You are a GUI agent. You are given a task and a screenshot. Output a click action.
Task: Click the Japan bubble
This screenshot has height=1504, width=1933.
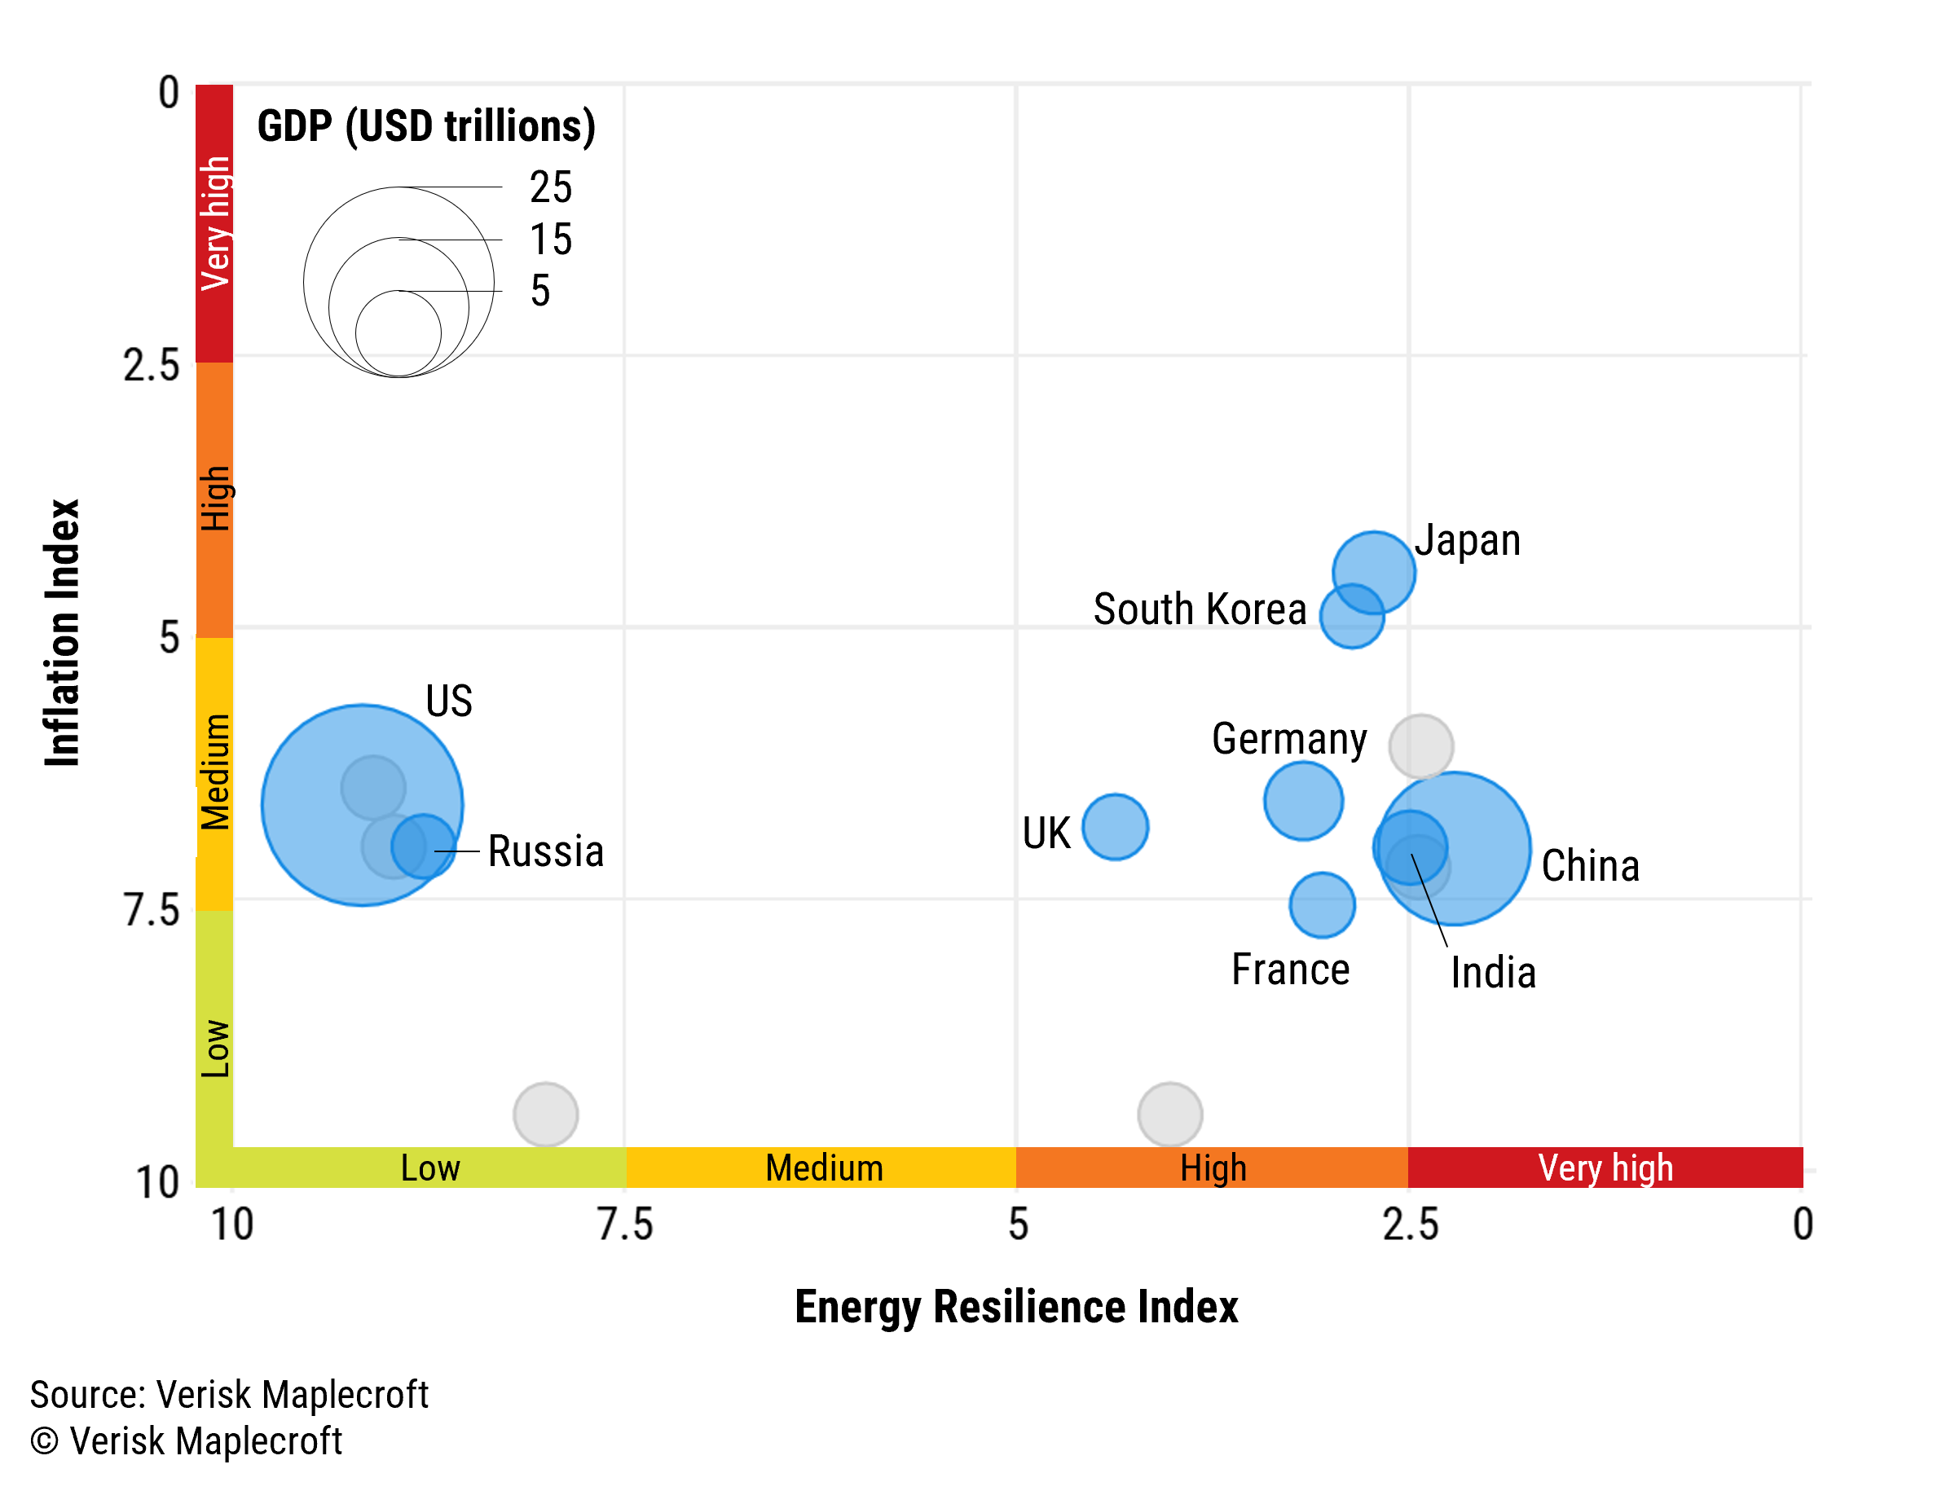(1374, 571)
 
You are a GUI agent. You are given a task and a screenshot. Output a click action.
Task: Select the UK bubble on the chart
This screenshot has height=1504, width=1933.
(1115, 826)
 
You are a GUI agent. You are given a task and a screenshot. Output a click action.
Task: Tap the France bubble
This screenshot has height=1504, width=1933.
(1322, 904)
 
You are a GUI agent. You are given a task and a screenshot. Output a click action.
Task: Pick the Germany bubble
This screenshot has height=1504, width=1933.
(1303, 801)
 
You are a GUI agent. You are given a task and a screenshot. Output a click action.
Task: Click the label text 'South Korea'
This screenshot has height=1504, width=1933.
(1200, 609)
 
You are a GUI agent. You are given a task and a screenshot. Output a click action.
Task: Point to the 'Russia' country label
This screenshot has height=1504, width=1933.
(545, 851)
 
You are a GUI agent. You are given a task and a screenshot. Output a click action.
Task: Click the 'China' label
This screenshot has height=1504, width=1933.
(1590, 865)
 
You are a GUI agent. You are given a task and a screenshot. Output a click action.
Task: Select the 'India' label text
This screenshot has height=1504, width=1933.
(1492, 972)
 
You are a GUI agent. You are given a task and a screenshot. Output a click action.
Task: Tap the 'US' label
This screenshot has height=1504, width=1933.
(449, 701)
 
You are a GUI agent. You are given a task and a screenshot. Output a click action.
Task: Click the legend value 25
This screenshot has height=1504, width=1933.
(551, 187)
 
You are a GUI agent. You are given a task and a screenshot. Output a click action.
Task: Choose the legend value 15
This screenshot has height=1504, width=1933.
(551, 239)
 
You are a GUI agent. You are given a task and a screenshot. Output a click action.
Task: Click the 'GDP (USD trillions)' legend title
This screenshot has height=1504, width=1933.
(425, 125)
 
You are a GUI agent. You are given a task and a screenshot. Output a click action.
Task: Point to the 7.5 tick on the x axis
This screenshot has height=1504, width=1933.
(625, 1225)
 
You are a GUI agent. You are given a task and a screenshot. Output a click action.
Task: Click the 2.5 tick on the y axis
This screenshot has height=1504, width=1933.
(152, 364)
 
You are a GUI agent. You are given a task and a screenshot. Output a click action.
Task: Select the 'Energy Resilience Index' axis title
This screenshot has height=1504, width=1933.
(1016, 1307)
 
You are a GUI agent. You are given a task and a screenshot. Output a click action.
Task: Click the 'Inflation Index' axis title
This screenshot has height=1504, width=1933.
(63, 631)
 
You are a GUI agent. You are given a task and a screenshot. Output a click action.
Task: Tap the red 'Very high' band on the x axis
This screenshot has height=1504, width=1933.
(1605, 1167)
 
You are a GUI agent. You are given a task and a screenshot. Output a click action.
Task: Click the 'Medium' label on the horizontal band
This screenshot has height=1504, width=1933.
(823, 1167)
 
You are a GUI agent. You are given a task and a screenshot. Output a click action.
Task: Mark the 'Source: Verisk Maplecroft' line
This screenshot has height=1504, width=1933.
(228, 1394)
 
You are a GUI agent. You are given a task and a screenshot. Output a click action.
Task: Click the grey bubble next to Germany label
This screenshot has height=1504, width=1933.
(1420, 745)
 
